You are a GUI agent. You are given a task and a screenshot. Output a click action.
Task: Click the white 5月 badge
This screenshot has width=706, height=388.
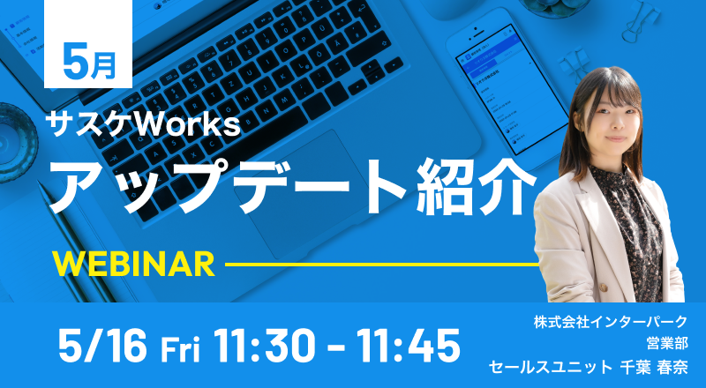click(x=87, y=44)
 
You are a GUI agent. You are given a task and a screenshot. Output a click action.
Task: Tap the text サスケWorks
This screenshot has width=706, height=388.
click(x=145, y=124)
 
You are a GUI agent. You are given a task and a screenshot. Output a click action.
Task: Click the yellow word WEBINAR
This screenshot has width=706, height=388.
click(x=134, y=265)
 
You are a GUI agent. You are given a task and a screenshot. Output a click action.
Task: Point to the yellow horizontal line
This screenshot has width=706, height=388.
click(x=382, y=265)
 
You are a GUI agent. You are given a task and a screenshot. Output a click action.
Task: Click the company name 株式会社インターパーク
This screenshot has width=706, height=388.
click(x=611, y=322)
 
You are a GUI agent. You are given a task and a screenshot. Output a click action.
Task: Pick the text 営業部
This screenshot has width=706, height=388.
click(x=667, y=344)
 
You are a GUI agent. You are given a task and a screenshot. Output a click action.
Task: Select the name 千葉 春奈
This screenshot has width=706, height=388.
click(x=654, y=368)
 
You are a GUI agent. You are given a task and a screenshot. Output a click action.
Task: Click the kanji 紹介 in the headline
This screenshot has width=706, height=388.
click(x=477, y=186)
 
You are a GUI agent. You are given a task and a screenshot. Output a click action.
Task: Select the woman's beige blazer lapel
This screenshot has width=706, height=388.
click(x=585, y=216)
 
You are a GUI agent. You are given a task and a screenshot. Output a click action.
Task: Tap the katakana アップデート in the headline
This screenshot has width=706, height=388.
click(x=229, y=186)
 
